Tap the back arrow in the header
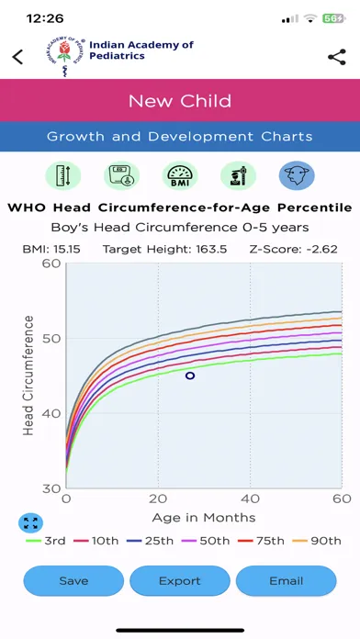17,57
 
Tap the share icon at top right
336,57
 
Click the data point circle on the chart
190,376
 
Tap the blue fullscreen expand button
30,523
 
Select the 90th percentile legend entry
321,541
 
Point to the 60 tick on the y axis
51,264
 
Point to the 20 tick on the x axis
158,499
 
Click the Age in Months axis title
204,518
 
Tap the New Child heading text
180,101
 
